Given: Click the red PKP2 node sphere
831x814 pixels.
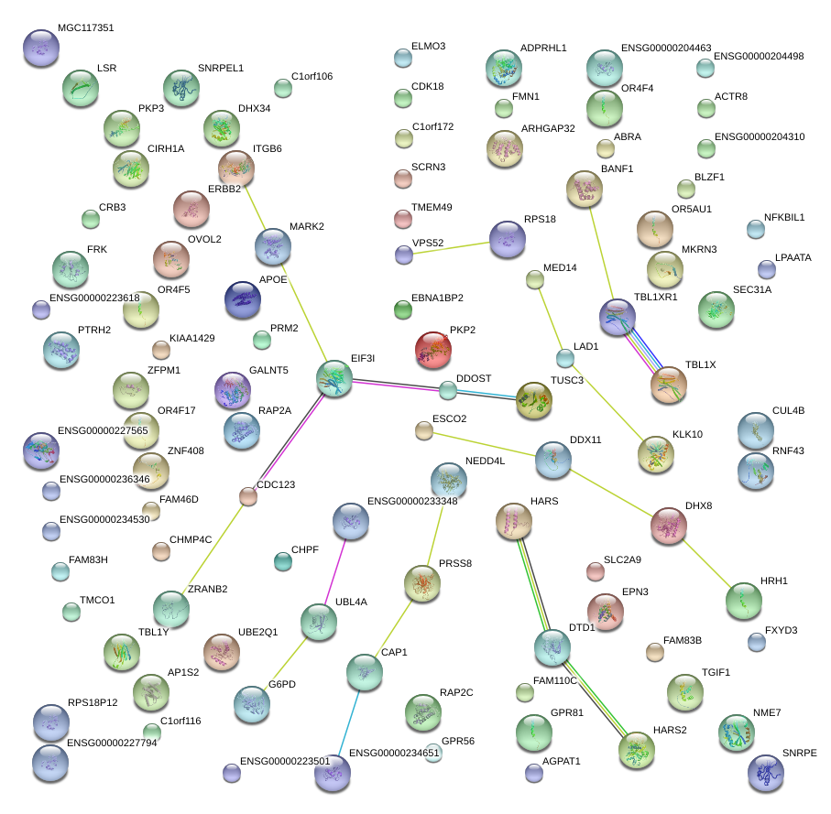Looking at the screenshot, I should click(433, 349).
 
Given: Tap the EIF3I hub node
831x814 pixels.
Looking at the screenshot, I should click(334, 378).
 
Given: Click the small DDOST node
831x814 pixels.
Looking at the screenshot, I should click(447, 390).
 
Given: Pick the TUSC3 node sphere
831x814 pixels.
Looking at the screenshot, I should click(533, 399).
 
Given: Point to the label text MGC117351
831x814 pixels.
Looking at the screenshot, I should click(85, 28).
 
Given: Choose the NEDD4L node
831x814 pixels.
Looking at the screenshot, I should click(449, 480).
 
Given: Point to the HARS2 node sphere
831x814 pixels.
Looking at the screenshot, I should click(636, 749).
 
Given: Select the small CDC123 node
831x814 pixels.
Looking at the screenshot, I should click(248, 496).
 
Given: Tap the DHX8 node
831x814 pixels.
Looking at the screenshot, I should click(669, 526).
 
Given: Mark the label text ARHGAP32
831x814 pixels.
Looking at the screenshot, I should click(548, 128).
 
